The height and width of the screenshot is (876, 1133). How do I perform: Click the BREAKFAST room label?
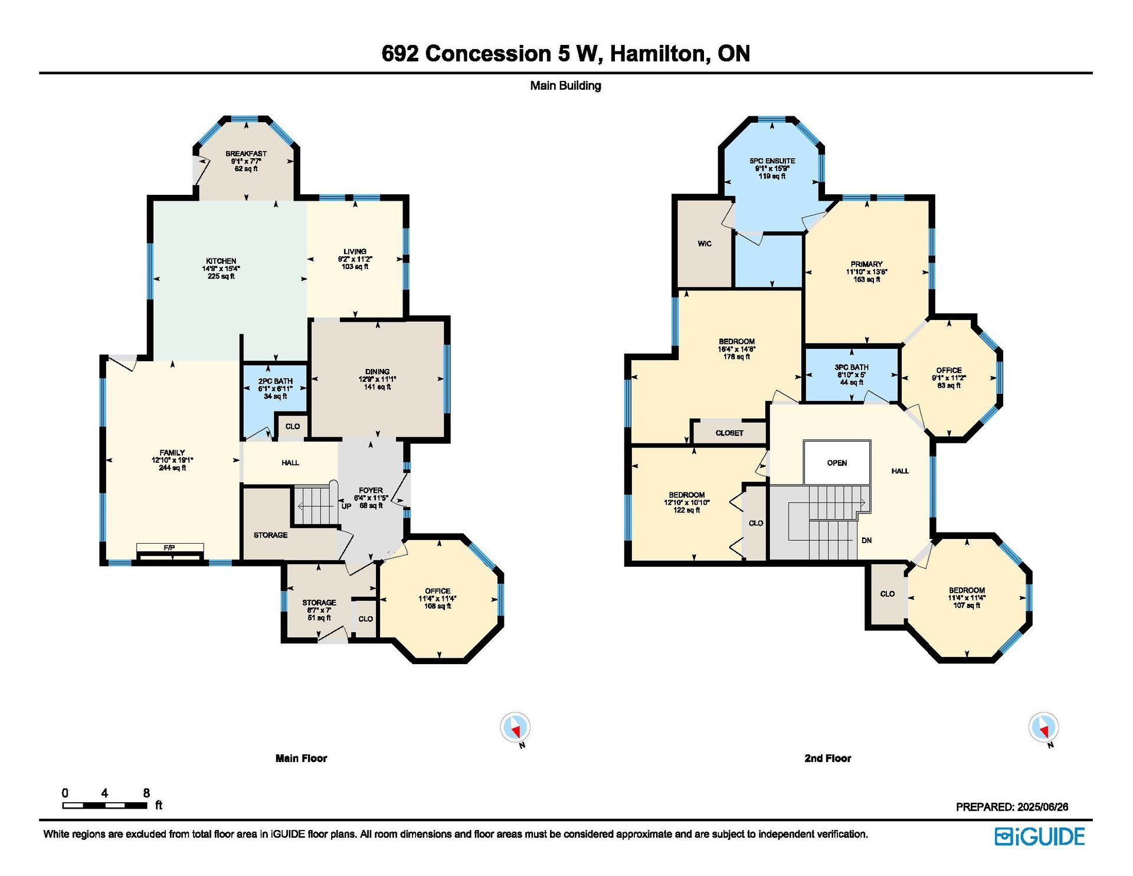tap(246, 153)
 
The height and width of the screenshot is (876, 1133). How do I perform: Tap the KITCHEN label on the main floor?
tap(221, 261)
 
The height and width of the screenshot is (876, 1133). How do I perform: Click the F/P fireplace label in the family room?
tap(169, 548)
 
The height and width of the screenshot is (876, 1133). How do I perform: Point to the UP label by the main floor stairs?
tap(347, 506)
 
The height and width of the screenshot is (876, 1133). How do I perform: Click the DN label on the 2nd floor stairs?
tap(867, 540)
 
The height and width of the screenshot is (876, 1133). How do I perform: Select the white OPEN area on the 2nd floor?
tap(837, 463)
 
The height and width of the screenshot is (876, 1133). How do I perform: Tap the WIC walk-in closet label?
tap(705, 243)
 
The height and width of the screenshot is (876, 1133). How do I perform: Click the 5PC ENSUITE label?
tap(772, 161)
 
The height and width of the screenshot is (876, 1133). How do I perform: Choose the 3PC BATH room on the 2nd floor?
tap(852, 375)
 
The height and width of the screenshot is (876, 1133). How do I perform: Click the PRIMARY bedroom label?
tap(866, 264)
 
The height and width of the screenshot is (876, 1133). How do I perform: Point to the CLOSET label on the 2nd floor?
tap(729, 433)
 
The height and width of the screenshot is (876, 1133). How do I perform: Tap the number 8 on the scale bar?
tap(146, 793)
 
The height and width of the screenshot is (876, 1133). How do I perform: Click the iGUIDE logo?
tap(1040, 836)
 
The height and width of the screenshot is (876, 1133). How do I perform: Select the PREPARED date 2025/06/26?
tap(1043, 806)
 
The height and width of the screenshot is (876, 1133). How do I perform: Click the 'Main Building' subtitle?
tap(565, 86)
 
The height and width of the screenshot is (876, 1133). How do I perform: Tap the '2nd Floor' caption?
tap(828, 758)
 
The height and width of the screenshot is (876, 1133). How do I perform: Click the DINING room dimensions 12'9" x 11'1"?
tap(377, 379)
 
